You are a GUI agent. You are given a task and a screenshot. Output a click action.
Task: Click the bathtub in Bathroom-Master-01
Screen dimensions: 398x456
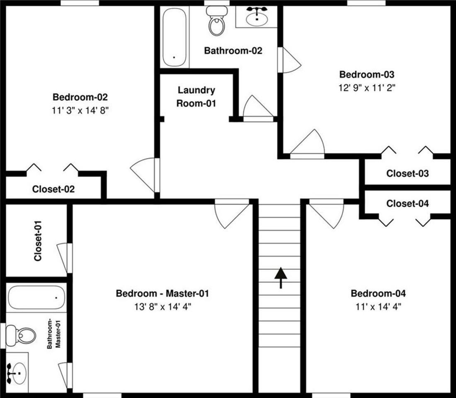pyautogui.click(x=36, y=297)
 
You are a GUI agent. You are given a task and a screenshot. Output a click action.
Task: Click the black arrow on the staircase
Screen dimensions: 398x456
pyautogui.click(x=281, y=277)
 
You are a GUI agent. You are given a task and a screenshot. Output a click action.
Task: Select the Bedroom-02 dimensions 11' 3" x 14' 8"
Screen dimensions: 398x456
pyautogui.click(x=80, y=110)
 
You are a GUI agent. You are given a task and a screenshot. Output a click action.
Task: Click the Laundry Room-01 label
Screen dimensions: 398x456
pyautogui.click(x=196, y=97)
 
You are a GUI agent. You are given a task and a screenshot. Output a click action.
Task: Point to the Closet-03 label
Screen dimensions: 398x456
pyautogui.click(x=407, y=173)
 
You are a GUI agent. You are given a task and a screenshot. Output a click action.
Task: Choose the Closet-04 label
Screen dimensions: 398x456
pyautogui.click(x=407, y=204)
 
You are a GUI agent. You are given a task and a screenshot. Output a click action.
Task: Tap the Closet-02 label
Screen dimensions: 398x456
pyautogui.click(x=53, y=189)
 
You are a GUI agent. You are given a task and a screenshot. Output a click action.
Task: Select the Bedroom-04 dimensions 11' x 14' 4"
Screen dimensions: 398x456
pyautogui.click(x=378, y=307)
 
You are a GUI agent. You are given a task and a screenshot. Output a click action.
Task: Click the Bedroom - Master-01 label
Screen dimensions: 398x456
pyautogui.click(x=162, y=294)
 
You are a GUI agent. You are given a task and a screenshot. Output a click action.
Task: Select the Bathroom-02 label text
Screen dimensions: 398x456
pyautogui.click(x=233, y=51)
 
